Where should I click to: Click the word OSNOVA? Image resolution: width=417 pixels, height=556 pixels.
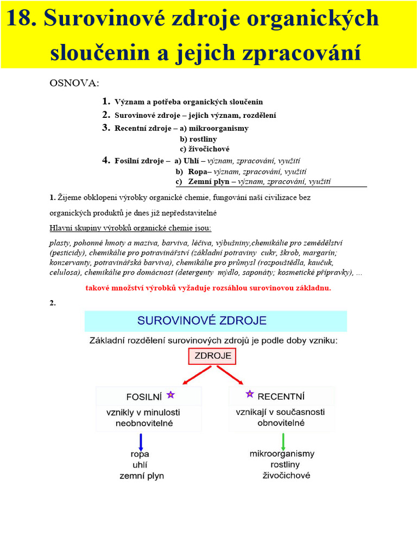tap(74, 83)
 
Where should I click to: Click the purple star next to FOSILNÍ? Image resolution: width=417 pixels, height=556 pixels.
tap(170, 395)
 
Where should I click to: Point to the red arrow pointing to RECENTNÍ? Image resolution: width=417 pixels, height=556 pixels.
tap(230, 375)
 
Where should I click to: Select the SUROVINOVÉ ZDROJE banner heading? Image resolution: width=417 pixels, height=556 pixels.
tap(216, 321)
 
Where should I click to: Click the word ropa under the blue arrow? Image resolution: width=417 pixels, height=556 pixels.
tap(140, 454)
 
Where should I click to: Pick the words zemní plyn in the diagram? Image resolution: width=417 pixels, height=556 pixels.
tap(141, 476)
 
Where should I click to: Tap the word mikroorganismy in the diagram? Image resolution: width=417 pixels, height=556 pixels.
tap(282, 453)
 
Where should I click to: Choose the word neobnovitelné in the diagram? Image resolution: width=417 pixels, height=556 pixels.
tap(143, 424)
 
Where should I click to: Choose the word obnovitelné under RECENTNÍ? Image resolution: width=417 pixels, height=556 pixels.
tap(281, 422)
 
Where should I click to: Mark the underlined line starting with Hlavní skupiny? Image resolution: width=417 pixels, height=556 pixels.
tap(130, 228)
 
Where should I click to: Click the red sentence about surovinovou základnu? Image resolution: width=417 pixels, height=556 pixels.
tap(208, 288)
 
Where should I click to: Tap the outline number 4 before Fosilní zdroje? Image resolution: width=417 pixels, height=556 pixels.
tap(106, 160)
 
